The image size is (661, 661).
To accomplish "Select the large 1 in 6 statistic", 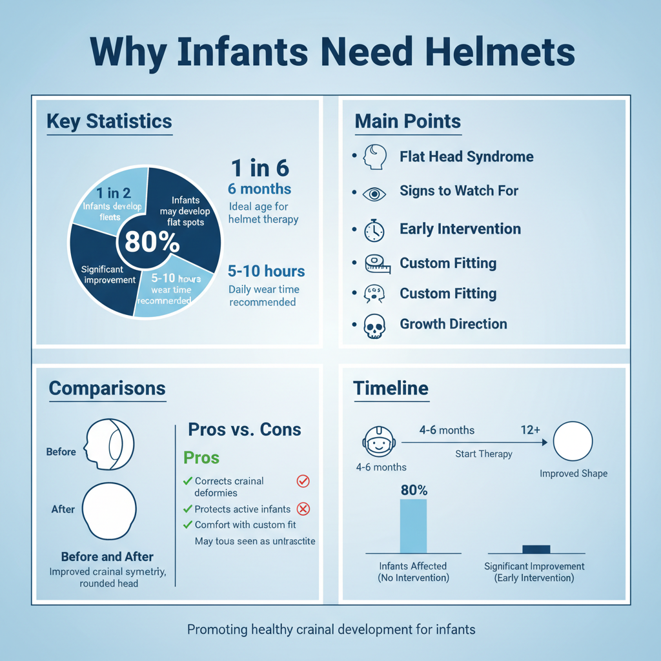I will point(260,168).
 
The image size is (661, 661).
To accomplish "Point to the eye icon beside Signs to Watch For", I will point(374,192).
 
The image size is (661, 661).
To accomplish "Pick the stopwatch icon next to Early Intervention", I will point(374,230).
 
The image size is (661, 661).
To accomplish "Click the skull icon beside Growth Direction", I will point(374,326).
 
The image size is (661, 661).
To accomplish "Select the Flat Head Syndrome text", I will point(466,156).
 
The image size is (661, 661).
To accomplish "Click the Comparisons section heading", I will point(107,388).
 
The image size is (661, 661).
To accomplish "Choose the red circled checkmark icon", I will point(302,481).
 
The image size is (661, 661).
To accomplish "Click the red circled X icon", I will point(302,509).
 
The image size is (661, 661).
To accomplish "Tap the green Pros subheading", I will point(201,458).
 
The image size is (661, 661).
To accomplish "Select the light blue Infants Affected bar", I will point(413,525).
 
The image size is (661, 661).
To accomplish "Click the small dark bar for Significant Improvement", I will point(536,549).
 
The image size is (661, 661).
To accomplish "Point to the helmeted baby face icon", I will point(376,442).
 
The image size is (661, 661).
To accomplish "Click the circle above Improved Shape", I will point(573,442).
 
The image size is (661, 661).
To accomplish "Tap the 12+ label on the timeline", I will point(530,429).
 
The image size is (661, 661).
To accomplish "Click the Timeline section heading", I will point(391,388).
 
